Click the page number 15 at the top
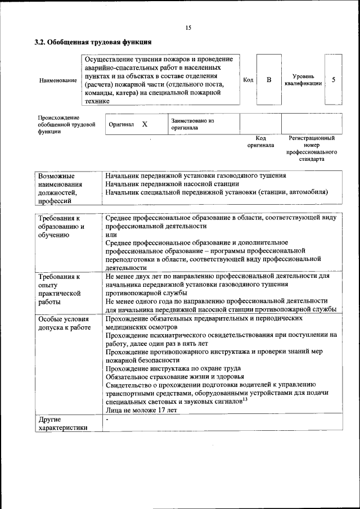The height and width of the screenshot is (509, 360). coord(188,28)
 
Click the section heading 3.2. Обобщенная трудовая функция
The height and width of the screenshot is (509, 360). coord(93,42)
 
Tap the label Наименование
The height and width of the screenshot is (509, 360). coord(58,80)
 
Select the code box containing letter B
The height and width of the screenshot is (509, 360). coord(269,80)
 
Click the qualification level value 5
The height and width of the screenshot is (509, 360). coord(334,80)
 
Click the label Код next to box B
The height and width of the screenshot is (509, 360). coord(248,80)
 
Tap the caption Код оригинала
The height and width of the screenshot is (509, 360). coord(260,141)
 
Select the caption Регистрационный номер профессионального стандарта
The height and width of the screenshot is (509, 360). coord(311,148)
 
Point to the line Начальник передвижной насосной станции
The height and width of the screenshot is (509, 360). coord(172,184)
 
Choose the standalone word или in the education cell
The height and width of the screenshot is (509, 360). coord(110,234)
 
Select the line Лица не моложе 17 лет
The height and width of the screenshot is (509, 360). coord(141,410)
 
